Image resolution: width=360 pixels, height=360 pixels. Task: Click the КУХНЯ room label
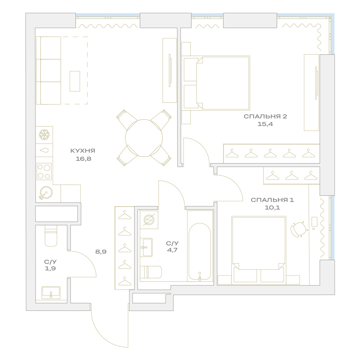click(x=83, y=151)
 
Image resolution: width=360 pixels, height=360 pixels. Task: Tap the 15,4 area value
click(x=265, y=124)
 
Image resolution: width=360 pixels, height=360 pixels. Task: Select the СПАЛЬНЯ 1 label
click(x=272, y=200)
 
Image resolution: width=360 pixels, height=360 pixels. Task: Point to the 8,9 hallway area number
click(x=101, y=252)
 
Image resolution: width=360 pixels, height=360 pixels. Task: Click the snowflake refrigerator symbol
click(x=44, y=135)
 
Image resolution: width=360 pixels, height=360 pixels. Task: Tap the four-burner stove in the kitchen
click(x=44, y=171)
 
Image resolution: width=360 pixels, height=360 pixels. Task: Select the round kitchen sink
click(x=46, y=192)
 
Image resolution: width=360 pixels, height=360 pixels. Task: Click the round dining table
click(x=144, y=138)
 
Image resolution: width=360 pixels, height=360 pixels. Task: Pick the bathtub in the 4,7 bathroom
click(x=200, y=252)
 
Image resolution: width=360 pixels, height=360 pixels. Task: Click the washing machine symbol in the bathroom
click(x=149, y=220)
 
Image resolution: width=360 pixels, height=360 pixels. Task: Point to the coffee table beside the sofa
click(x=75, y=81)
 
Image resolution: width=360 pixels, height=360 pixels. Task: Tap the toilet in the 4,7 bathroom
click(x=151, y=272)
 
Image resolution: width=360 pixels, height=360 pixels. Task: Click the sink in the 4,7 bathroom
click(x=146, y=247)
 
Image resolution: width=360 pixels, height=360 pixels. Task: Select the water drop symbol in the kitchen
click(x=44, y=150)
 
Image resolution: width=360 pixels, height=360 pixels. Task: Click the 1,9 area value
click(x=50, y=269)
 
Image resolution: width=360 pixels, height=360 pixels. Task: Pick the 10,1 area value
click(x=272, y=208)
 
